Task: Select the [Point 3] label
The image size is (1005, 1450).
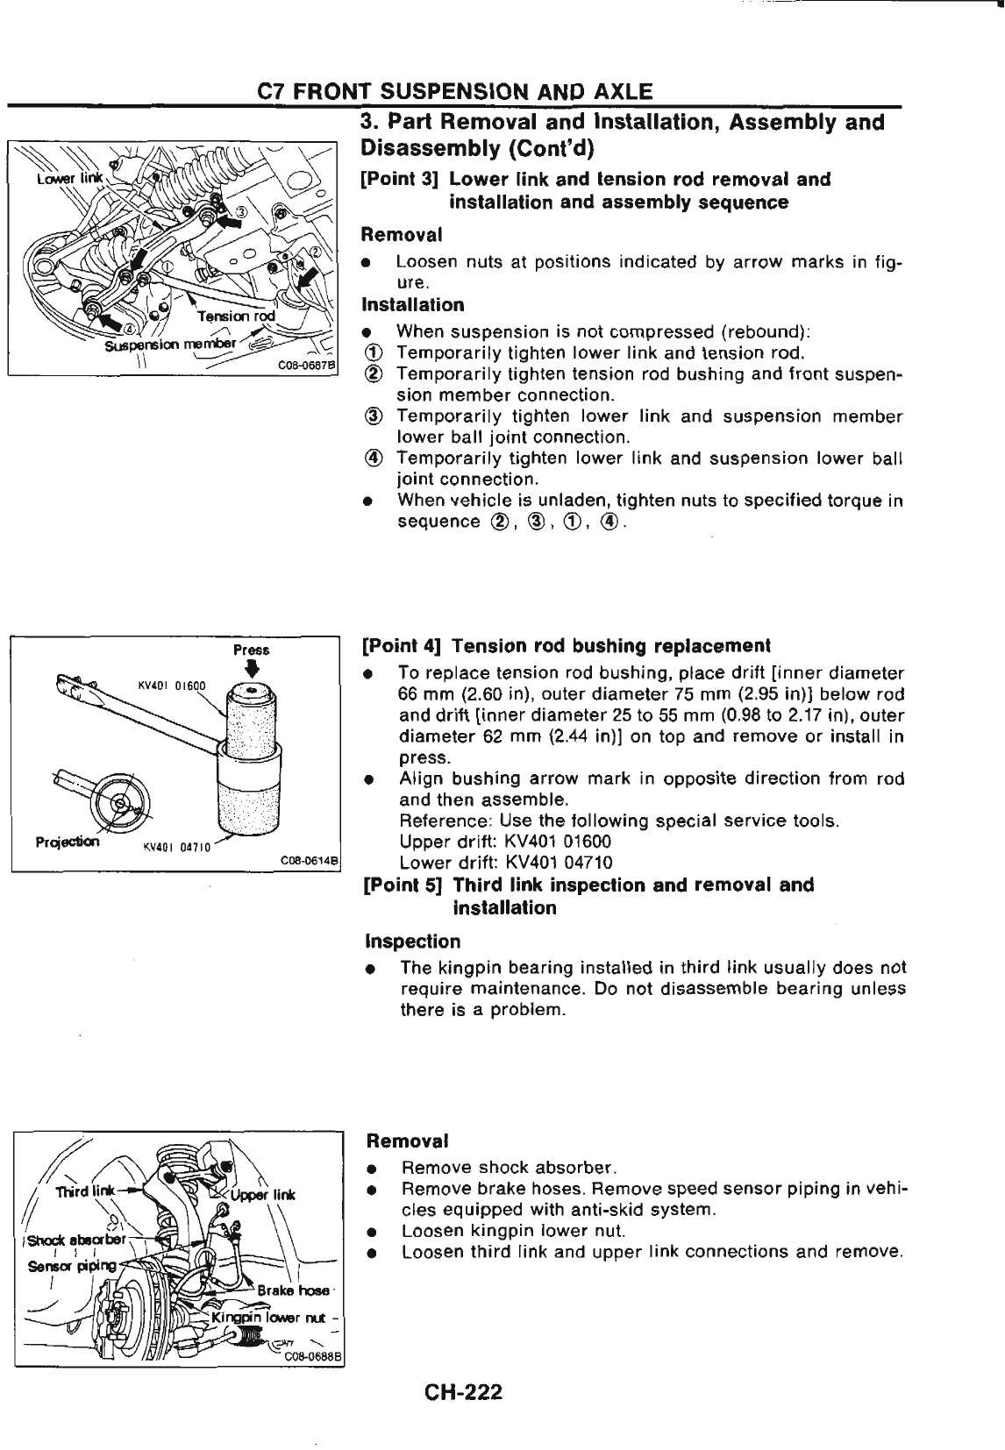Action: click(x=400, y=180)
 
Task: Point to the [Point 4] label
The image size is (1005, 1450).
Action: click(x=401, y=647)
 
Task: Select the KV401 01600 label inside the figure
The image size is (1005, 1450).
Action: click(x=172, y=686)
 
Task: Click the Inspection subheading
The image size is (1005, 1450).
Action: click(x=412, y=942)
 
